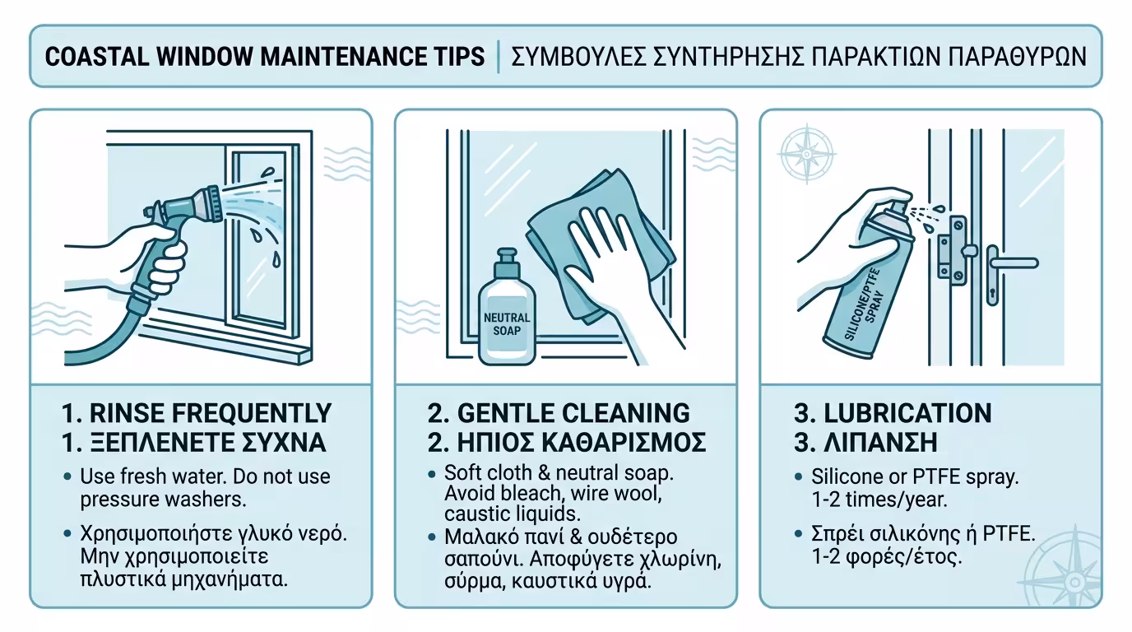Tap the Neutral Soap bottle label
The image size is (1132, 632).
point(507,324)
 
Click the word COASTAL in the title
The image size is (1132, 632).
point(96,57)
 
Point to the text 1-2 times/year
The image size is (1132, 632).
point(879,500)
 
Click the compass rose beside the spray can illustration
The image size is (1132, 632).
point(807,154)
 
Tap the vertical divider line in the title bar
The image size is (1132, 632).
point(499,57)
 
